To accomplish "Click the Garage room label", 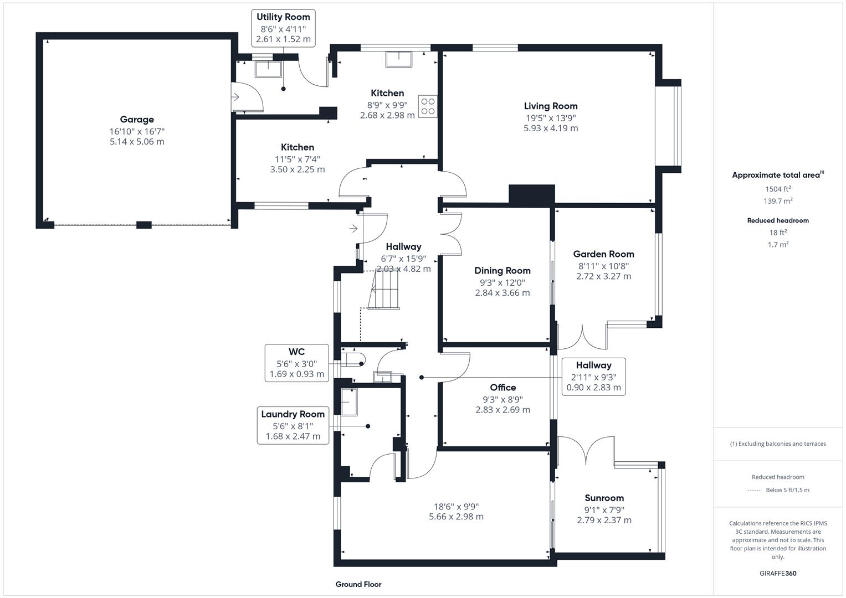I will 137,120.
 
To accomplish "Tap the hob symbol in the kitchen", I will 428,106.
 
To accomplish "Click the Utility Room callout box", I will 283,28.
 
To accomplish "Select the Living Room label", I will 551,106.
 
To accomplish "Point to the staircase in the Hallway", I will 383,290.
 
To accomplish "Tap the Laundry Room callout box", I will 293,425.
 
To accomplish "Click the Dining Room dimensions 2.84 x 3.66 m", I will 503,293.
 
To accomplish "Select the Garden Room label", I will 603,254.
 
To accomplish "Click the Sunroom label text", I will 604,498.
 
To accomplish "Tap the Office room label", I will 503,388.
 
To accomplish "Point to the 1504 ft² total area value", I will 778,189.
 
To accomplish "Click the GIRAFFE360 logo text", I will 778,573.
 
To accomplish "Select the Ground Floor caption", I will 358,584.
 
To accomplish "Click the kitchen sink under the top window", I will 399,59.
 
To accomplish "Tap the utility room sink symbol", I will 268,69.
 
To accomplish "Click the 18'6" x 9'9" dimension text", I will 456,506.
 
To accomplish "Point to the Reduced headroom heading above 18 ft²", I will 778,220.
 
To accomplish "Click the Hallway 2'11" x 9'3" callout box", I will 593,377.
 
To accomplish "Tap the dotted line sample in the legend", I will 754,490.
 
